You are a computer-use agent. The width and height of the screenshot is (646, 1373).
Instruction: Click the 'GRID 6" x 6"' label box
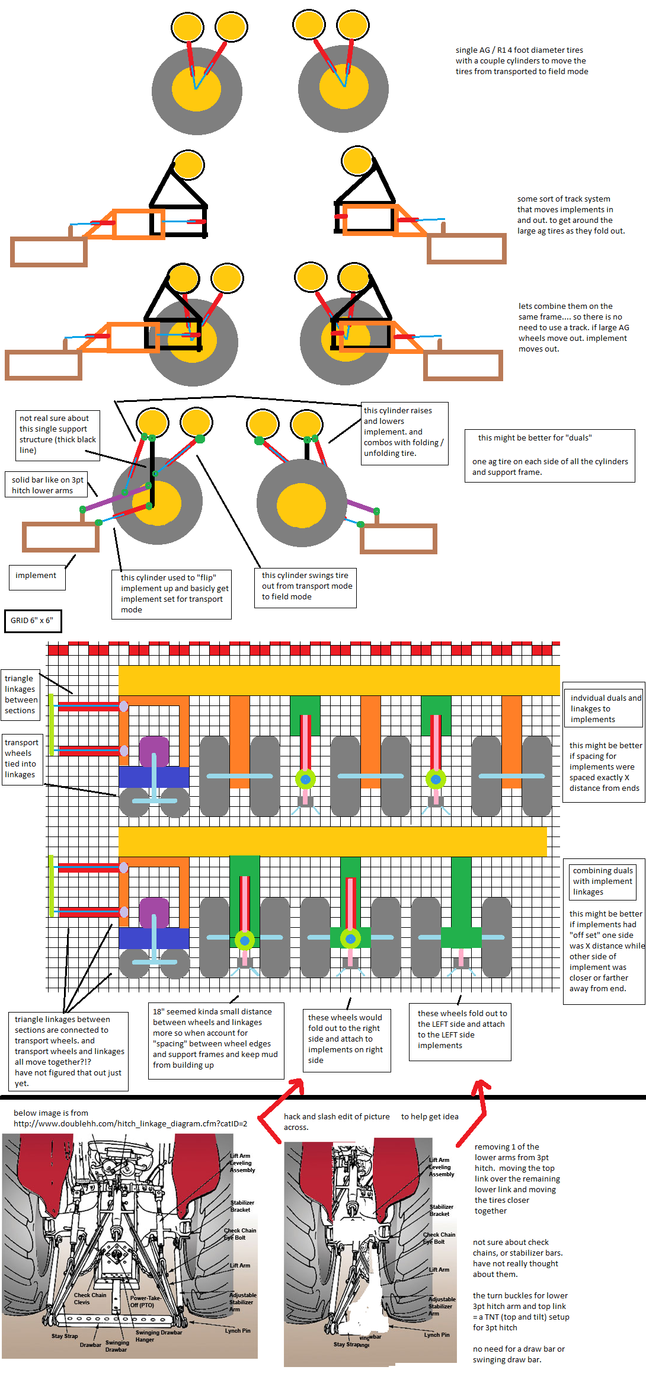coord(32,620)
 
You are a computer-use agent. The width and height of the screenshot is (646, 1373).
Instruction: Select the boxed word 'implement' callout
coord(36,576)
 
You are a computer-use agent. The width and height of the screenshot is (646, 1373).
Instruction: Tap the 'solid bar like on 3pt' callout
coord(47,485)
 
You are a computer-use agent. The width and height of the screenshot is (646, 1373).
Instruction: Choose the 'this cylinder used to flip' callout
coord(172,593)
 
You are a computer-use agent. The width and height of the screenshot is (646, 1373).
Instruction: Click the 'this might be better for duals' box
coord(549,455)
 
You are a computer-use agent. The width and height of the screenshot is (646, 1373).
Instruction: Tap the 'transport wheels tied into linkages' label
coord(21,758)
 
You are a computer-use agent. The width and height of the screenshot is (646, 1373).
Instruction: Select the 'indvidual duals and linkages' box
coord(605,708)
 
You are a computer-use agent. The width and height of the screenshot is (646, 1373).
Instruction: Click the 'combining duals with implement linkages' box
coord(602,881)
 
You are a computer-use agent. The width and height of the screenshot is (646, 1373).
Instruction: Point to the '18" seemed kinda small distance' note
coord(215,1038)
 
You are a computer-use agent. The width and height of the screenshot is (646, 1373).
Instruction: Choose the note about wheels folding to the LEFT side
coord(460,1029)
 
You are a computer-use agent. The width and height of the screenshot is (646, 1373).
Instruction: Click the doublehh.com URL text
coord(130,1123)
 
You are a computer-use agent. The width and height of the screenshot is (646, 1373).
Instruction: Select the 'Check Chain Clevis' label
coord(89,1298)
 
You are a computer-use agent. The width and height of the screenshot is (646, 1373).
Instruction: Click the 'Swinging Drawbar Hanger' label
coord(158,1336)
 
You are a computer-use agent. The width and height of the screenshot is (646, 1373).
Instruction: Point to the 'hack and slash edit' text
coord(336,1122)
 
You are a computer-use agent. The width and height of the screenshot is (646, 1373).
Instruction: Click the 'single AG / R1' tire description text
coord(522,60)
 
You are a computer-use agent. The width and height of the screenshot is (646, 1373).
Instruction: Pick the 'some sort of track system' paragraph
coord(571,215)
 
